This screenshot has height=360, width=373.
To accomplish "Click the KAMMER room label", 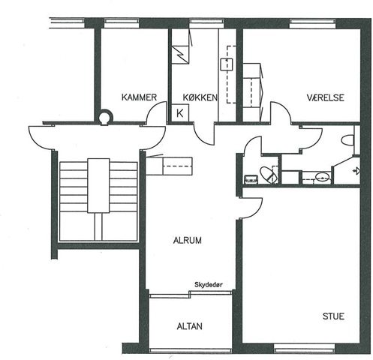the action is pyautogui.click(x=139, y=97).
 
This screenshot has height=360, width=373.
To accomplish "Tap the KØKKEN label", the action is pyautogui.click(x=200, y=97).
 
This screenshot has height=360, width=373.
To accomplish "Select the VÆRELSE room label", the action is pyautogui.click(x=326, y=97).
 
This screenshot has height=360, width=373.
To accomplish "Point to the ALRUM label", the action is pyautogui.click(x=188, y=241).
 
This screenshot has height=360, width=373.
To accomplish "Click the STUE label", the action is pyautogui.click(x=333, y=316).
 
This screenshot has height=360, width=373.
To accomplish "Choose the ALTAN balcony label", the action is pyautogui.click(x=190, y=326).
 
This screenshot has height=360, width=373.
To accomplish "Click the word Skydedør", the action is pyautogui.click(x=209, y=284).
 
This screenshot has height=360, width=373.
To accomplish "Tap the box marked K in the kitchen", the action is pyautogui.click(x=180, y=113).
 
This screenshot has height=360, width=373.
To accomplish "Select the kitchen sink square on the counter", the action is pyautogui.click(x=227, y=64).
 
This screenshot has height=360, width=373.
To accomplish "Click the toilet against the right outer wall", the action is pyautogui.click(x=348, y=140).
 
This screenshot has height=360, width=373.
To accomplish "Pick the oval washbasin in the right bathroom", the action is pyautogui.click(x=322, y=177).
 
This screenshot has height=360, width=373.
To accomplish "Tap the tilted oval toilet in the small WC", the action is pyautogui.click(x=269, y=175).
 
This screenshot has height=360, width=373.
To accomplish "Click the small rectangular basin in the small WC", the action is pyautogui.click(x=251, y=179).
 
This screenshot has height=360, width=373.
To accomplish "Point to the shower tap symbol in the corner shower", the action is pyautogui.click(x=357, y=171).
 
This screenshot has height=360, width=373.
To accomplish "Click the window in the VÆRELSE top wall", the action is pyautogui.click(x=313, y=24).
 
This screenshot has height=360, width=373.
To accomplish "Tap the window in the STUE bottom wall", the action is pyautogui.click(x=305, y=348).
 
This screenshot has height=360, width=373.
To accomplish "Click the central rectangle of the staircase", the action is pyautogui.click(x=98, y=185).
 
